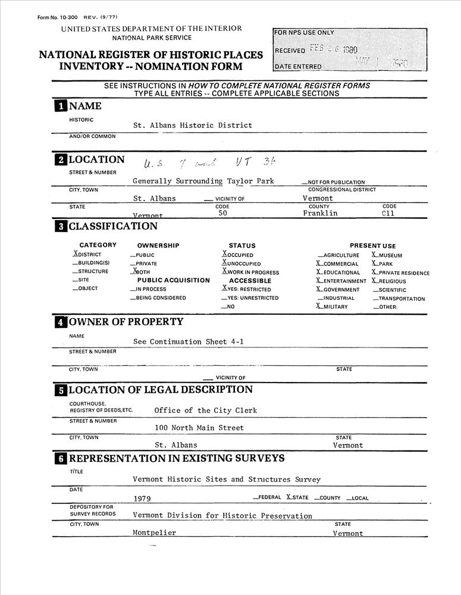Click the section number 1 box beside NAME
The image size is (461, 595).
(x=60, y=107)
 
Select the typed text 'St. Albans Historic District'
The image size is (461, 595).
(x=192, y=126)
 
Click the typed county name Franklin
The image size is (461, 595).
(x=320, y=213)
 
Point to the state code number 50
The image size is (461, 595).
(x=222, y=213)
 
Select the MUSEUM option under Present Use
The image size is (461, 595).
(x=387, y=255)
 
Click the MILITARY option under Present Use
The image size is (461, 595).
(x=333, y=307)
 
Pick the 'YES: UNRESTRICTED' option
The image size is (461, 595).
(x=250, y=298)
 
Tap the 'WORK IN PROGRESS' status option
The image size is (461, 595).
(x=250, y=273)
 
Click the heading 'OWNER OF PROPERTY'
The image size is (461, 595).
(x=126, y=322)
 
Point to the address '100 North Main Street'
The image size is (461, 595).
(x=199, y=428)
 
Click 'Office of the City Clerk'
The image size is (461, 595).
(x=205, y=411)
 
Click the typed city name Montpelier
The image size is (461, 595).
(x=154, y=533)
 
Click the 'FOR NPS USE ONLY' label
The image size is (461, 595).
(x=305, y=33)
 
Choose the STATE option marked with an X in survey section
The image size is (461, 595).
(x=298, y=497)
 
